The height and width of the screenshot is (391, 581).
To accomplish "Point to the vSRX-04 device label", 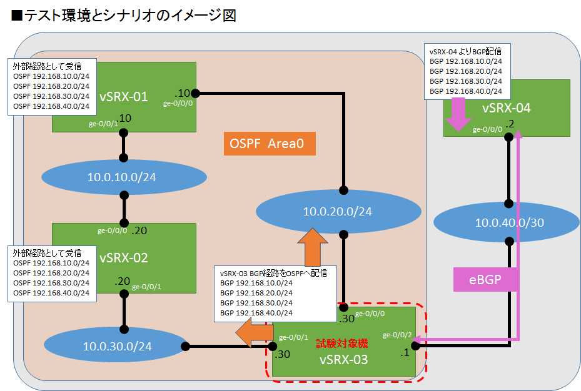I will [507, 108].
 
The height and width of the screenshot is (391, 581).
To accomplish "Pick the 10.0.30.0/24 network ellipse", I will [117, 345].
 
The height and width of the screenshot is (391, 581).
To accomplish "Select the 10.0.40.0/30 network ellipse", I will [510, 223].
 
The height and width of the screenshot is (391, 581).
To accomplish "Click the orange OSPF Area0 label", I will [269, 144].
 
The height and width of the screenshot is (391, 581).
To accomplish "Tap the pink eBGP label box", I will [485, 279].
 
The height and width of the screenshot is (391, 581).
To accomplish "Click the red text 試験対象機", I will [341, 344].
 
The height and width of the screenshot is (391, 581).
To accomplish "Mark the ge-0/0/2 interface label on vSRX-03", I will [397, 334].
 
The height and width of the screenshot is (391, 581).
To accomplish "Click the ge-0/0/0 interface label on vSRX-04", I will [487, 129].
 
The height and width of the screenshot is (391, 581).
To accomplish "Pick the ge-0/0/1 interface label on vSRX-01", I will [103, 124].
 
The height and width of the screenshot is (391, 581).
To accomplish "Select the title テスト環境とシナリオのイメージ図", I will [123, 16].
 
